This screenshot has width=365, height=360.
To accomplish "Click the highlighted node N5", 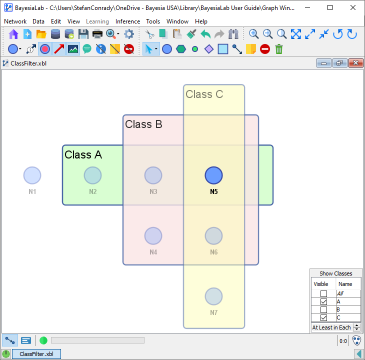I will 213,175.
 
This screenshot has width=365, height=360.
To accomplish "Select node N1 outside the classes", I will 32,175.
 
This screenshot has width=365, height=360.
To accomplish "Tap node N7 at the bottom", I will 213,296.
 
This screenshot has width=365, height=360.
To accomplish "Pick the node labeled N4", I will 153,236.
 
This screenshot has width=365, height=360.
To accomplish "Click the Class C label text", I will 204,94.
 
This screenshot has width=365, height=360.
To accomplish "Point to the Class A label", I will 83,155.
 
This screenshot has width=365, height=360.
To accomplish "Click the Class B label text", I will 143,124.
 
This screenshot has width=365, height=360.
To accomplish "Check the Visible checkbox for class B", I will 323,310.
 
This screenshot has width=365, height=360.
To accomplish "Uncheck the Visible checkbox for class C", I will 323,318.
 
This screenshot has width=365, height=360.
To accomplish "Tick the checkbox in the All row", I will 323,294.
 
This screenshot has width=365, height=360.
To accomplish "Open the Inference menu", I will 127,21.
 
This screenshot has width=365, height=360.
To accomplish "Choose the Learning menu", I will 97,21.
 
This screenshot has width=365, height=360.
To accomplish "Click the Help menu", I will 201,21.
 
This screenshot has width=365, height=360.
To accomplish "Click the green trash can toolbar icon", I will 279,49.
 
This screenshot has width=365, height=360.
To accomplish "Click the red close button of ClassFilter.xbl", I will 356,63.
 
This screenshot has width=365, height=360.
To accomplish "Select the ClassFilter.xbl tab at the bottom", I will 36,354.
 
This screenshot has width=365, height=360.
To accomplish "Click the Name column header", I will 345,284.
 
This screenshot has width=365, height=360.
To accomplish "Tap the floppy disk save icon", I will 83,34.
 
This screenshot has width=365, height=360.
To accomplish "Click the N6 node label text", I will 213,252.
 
